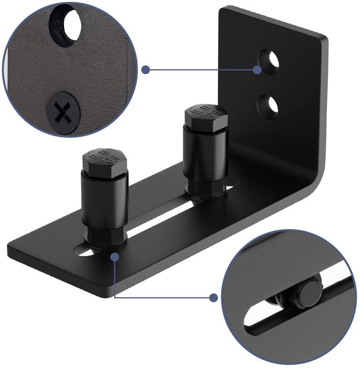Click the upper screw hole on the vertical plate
point(270,62)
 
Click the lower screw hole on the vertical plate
point(270,106)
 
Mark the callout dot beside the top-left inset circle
point(146,70)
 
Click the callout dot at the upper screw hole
point(257,70)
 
